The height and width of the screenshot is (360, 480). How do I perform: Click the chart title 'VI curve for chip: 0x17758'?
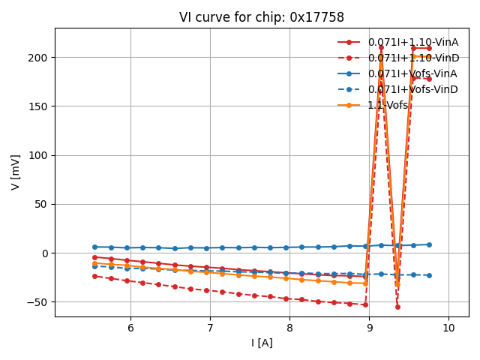click(261, 17)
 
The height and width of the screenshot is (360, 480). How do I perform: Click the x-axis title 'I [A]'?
click(261, 343)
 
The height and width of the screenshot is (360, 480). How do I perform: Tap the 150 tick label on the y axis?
click(39, 106)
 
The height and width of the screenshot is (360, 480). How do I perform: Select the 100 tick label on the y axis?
click(39, 155)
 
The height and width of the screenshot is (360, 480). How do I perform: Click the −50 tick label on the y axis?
click(37, 302)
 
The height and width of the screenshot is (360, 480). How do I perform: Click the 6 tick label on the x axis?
click(130, 328)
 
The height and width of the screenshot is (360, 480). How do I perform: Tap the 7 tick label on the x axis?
click(210, 328)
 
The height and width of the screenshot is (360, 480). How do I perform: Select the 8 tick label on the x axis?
click(289, 328)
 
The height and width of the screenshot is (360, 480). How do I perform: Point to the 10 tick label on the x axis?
click(448, 328)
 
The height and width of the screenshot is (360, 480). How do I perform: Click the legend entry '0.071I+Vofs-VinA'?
click(412, 73)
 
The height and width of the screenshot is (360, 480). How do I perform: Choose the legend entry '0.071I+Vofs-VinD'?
click(412, 89)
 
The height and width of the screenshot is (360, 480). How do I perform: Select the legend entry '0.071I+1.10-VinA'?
click(412, 42)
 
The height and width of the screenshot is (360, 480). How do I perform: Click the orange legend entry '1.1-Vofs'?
click(387, 105)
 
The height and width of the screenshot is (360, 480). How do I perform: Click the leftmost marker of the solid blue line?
click(94, 247)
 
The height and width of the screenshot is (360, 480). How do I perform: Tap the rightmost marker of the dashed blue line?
click(429, 275)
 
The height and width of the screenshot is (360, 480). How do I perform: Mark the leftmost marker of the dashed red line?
click(94, 276)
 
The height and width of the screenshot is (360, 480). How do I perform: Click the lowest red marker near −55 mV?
click(397, 307)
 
